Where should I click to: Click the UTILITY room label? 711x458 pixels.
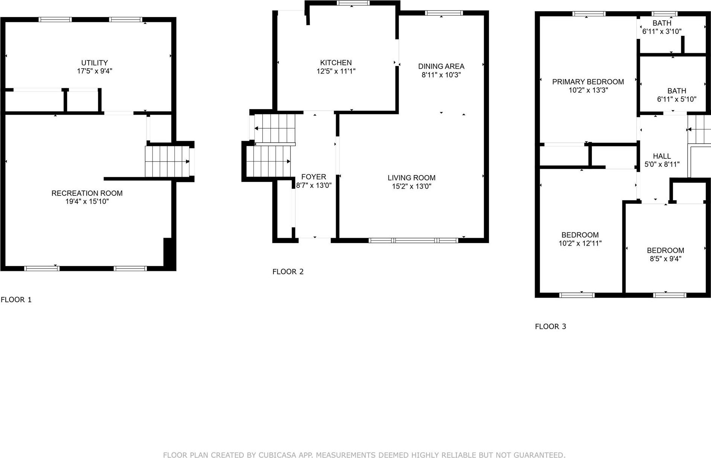coord(95,63)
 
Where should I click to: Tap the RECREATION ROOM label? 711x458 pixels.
coord(87,193)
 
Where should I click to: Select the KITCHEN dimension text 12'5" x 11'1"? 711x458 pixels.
coord(336,71)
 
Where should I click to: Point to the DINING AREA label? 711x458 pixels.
coord(441,66)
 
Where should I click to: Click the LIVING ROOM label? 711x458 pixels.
coord(411,178)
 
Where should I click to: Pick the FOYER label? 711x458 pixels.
coord(313,177)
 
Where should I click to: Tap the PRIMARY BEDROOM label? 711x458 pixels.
coord(588,82)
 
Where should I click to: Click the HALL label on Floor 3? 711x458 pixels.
coord(662,156)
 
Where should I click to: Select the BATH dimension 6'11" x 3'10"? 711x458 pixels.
coord(662,32)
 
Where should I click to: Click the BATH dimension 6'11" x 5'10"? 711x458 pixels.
coord(676,100)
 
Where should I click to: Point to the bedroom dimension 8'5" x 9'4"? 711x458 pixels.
coord(665,259)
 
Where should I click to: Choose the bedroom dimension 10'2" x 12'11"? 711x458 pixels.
coord(580,244)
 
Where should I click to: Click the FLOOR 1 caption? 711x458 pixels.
coord(16,300)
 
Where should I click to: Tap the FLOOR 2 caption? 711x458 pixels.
coord(288,272)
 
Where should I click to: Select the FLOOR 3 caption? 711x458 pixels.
coord(550,326)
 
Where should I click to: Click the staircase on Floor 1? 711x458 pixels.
coord(167,161)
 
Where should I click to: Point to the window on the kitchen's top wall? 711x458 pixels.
coord(353,3)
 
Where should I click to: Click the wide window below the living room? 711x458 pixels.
coord(413,240)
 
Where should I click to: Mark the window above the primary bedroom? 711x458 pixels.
coord(589,14)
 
